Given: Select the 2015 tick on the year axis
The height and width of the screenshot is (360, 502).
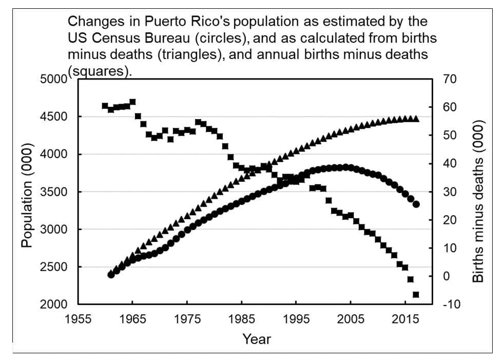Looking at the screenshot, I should (405, 319).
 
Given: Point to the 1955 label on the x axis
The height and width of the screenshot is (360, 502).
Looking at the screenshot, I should (78, 319).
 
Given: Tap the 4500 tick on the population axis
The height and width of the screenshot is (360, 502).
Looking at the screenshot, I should (53, 117).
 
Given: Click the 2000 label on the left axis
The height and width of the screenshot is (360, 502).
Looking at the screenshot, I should (53, 305).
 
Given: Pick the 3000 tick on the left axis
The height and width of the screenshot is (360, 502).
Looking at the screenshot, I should (53, 230).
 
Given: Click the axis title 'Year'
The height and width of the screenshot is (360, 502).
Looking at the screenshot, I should (257, 339).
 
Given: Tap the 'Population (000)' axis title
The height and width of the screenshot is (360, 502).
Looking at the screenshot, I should (27, 193).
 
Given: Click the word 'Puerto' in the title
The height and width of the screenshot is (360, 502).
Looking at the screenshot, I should (160, 22).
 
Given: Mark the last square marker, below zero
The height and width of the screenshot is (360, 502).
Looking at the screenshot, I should (416, 294).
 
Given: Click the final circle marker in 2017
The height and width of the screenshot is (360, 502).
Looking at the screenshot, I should (416, 204).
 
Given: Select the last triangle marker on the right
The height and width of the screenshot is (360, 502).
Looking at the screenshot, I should (416, 119).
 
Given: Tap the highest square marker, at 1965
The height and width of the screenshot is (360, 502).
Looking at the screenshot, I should (132, 102).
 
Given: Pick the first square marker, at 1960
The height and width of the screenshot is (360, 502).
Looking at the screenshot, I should (105, 106).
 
